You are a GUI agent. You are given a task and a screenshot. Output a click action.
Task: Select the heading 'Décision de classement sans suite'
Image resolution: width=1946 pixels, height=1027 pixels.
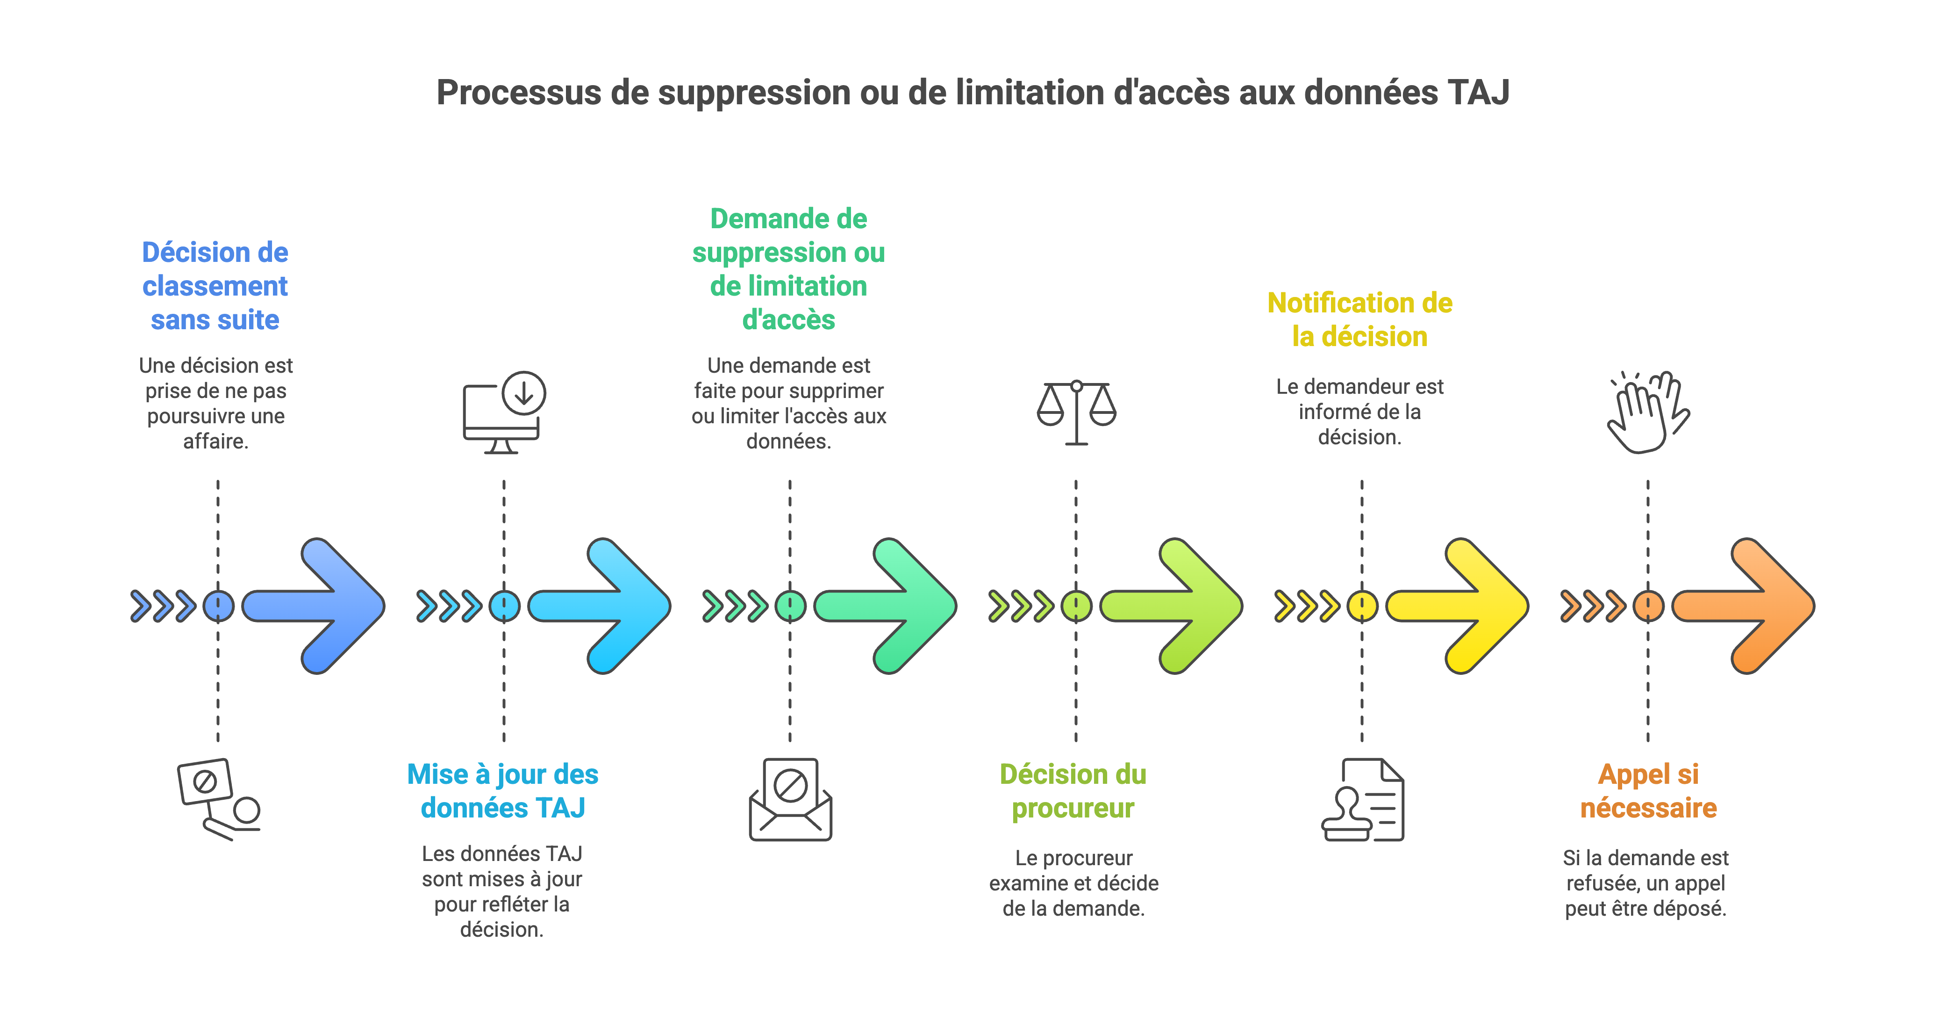[x=215, y=286]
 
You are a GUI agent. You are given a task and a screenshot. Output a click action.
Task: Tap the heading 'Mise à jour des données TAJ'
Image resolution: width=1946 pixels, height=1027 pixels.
[x=502, y=790]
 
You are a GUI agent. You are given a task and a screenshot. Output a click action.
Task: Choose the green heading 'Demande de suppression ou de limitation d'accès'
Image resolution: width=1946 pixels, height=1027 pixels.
[x=789, y=269]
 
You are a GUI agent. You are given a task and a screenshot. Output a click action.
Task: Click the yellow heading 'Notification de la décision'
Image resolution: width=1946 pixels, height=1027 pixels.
[x=1360, y=320]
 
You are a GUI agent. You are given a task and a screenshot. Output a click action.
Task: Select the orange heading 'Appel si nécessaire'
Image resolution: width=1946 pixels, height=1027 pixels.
[x=1648, y=790]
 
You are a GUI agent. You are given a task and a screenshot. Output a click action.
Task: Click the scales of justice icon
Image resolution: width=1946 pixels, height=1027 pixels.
[x=1076, y=412]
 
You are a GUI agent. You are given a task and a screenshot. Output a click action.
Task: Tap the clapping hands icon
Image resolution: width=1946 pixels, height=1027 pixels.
[x=1648, y=412]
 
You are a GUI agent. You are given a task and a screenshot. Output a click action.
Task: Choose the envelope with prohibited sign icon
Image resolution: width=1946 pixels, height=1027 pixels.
[x=790, y=800]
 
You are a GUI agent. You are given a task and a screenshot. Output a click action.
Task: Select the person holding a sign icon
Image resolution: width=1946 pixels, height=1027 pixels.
[x=218, y=800]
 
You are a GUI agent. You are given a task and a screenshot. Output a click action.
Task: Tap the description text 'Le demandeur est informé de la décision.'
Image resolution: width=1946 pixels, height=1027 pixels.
[x=1360, y=412]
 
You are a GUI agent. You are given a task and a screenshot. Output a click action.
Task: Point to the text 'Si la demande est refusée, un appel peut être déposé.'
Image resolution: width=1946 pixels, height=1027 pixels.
[x=1646, y=882]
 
